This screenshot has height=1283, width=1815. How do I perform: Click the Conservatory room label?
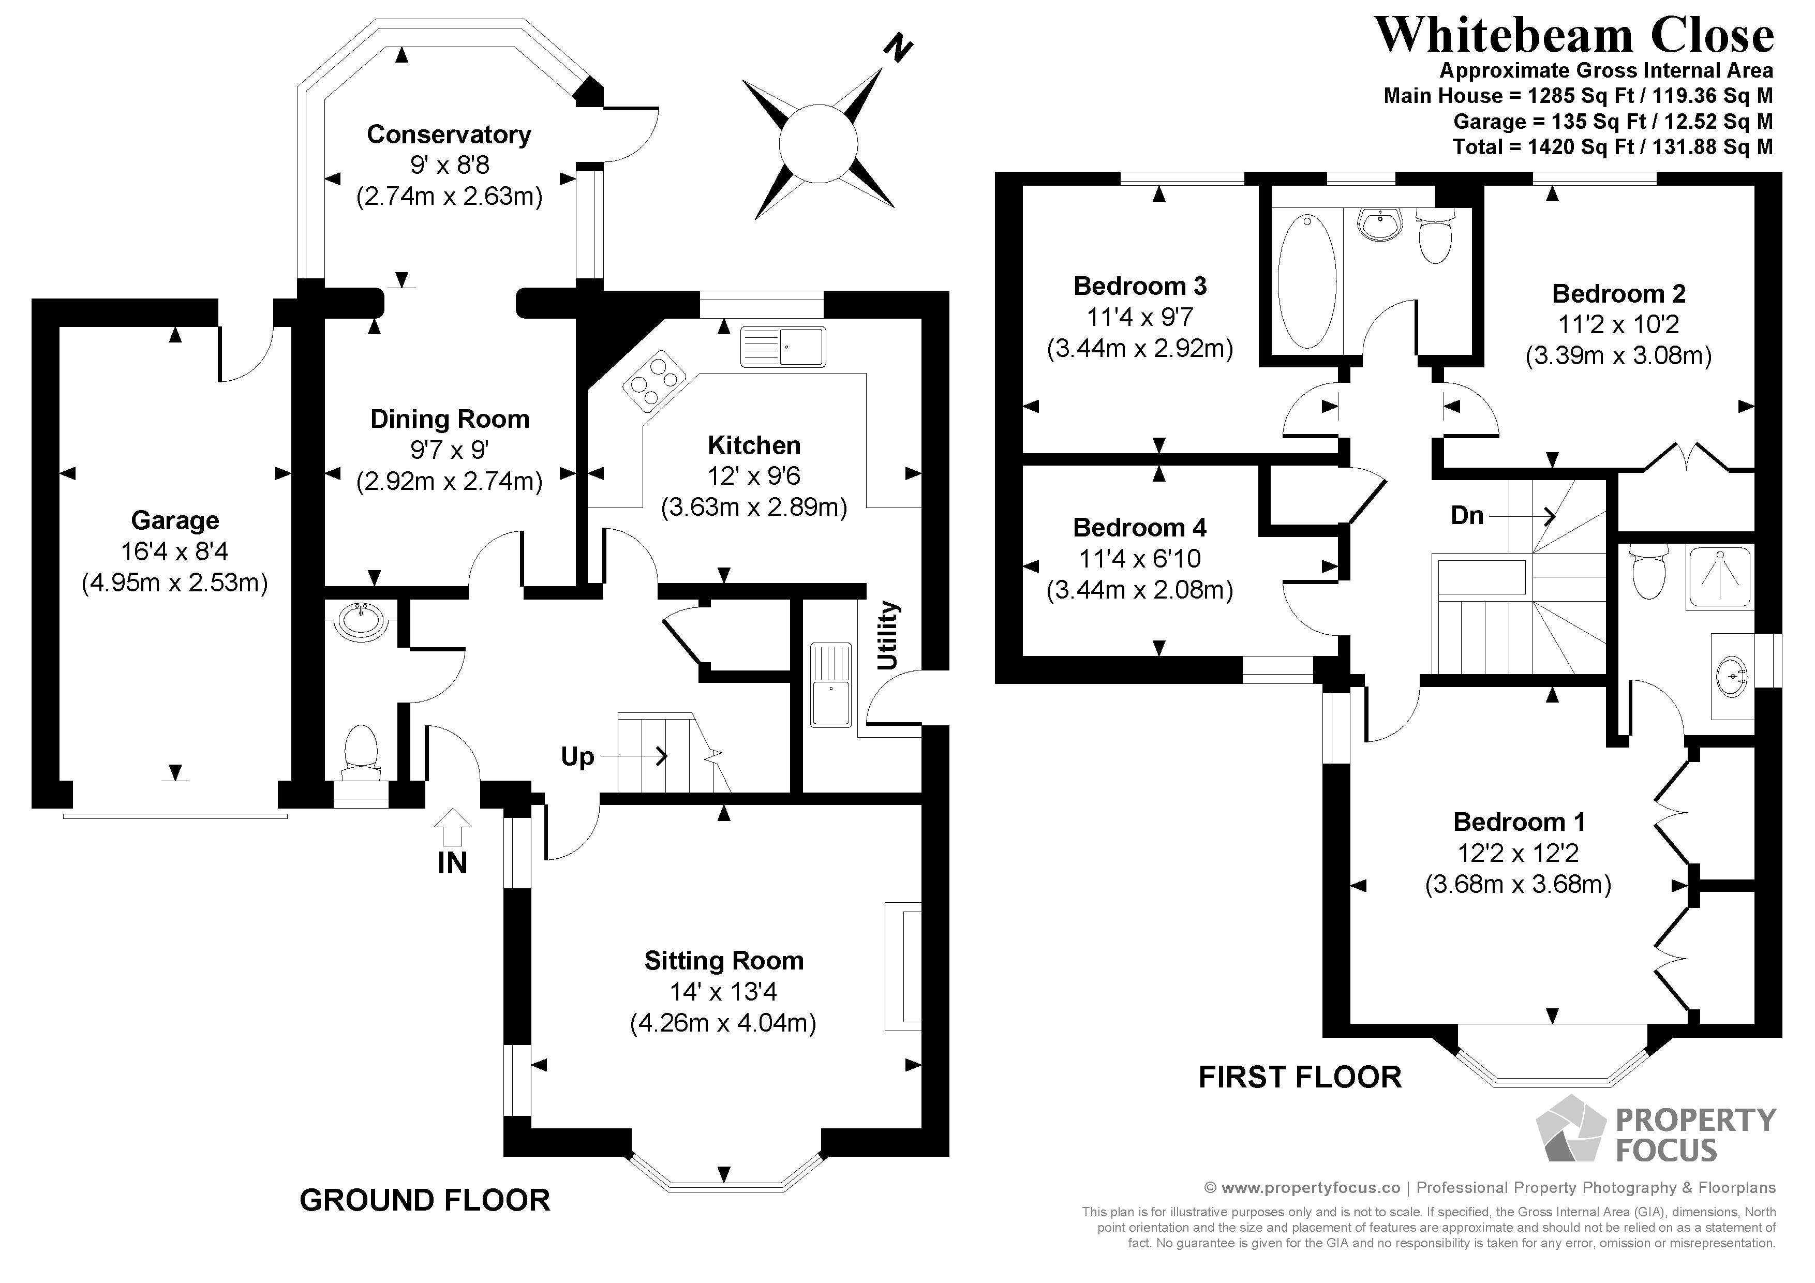[x=448, y=135]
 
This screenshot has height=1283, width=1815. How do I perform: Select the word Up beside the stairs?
[x=577, y=756]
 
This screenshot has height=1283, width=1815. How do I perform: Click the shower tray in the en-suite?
[x=1719, y=575]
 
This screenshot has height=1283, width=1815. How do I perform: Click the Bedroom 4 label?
[x=1139, y=527]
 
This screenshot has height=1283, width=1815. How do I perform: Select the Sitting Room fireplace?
[x=903, y=966]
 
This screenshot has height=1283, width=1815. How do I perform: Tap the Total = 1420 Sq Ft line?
[x=1613, y=147]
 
